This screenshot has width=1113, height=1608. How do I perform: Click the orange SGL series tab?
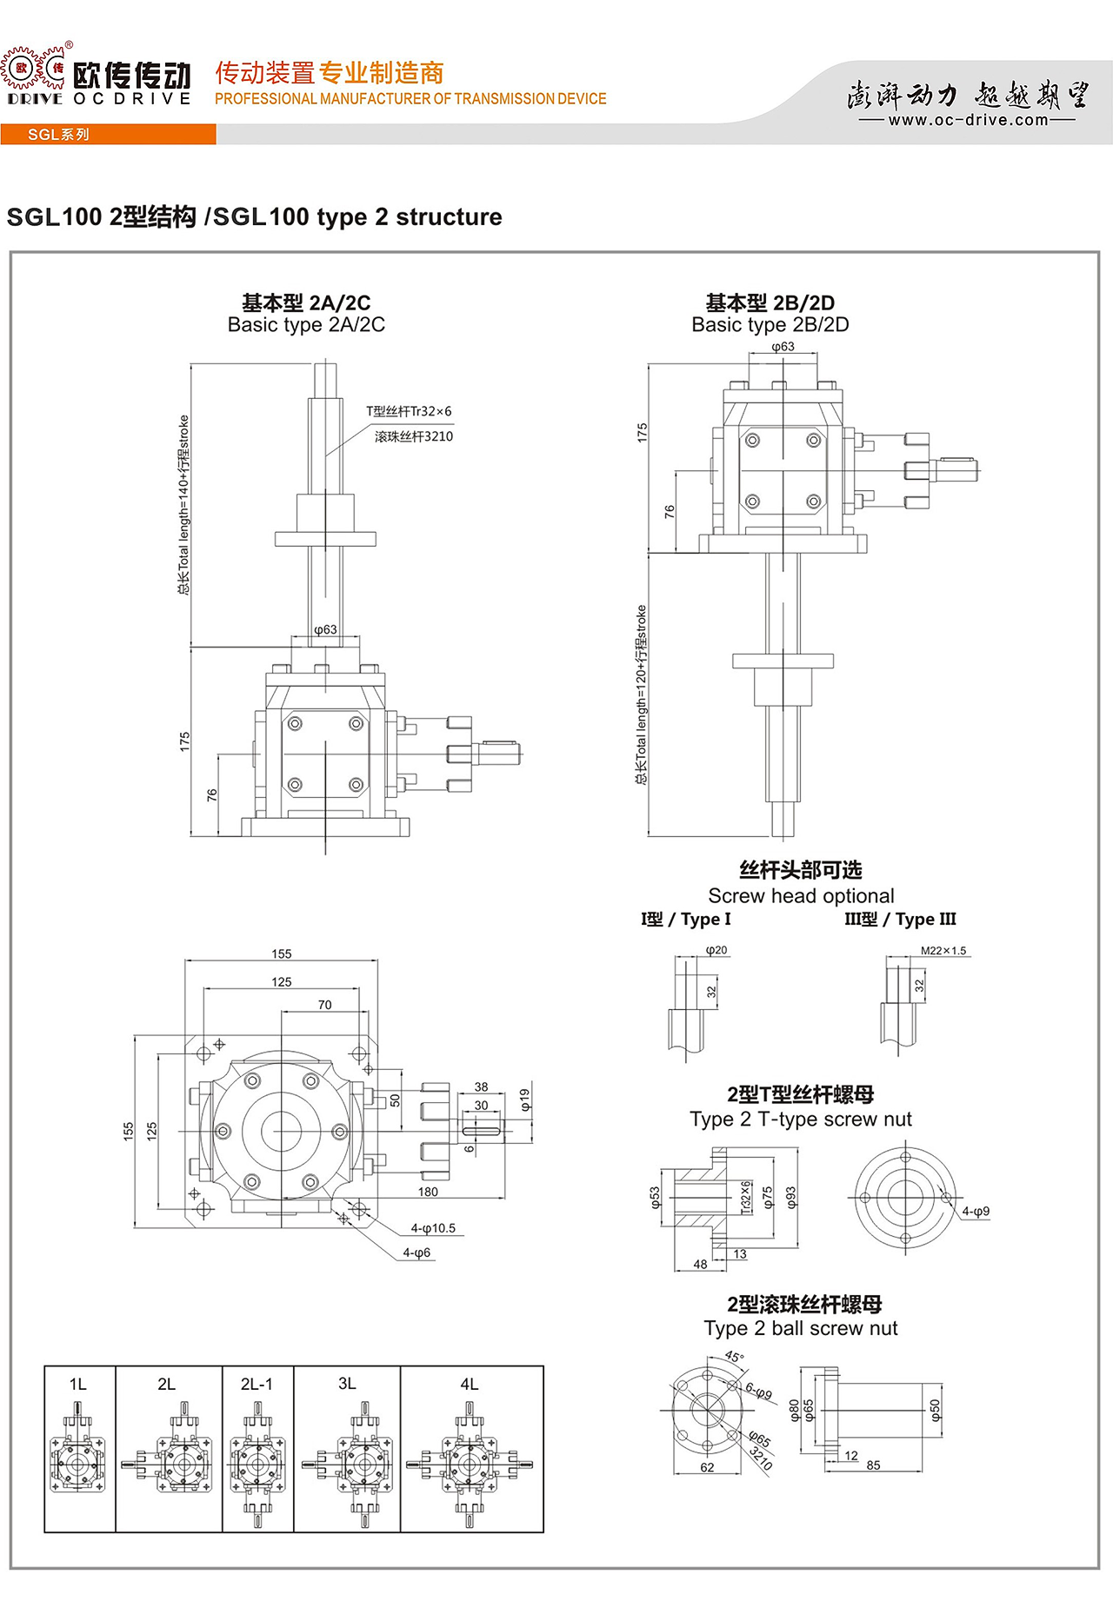(x=58, y=135)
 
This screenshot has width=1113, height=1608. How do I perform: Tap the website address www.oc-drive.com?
(x=968, y=120)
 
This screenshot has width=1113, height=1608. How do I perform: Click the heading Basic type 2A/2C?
(x=306, y=325)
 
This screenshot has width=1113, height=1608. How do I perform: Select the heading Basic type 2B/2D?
(x=770, y=325)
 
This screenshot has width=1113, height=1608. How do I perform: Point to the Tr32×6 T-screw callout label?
(x=409, y=411)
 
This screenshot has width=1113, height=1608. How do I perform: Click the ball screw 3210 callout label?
(x=414, y=436)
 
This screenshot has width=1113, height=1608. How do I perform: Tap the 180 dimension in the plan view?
(x=428, y=1192)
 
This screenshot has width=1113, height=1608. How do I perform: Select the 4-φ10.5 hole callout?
(x=433, y=1228)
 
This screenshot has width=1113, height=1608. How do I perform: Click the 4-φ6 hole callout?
(x=417, y=1253)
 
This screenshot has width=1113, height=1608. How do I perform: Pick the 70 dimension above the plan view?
(x=324, y=1005)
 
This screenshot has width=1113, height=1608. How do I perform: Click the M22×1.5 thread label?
(x=943, y=951)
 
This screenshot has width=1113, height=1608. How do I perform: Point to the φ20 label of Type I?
(x=716, y=950)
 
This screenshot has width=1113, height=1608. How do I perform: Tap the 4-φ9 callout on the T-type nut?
(x=976, y=1211)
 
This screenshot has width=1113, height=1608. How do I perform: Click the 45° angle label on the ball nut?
(x=735, y=1357)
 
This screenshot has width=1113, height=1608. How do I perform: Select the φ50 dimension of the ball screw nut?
(x=935, y=1410)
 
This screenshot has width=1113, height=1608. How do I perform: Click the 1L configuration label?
(x=78, y=1384)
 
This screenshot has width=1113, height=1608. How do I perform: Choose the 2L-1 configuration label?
(x=257, y=1384)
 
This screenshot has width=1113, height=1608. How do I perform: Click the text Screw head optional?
(x=801, y=896)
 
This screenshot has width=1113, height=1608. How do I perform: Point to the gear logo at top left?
(x=33, y=70)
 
